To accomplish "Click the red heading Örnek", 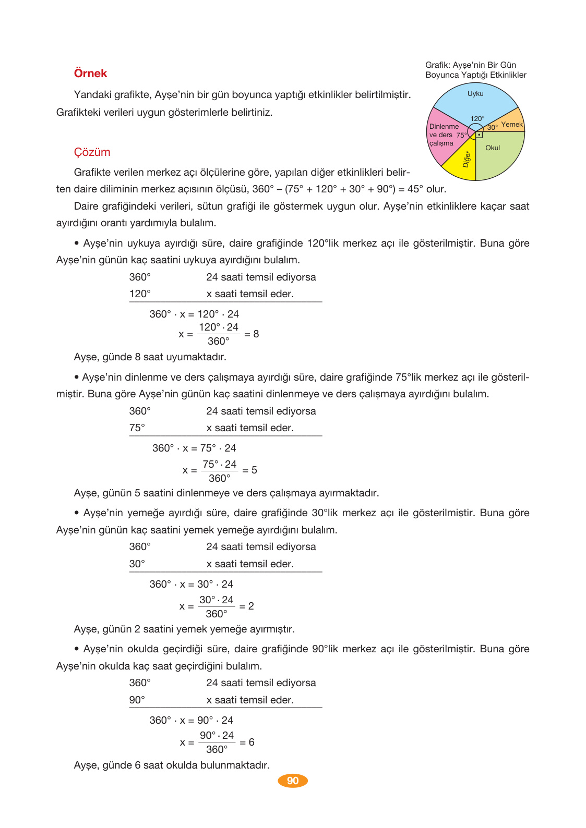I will point(90,74).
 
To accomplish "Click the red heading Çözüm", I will point(92,152).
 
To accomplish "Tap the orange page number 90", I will point(293,781).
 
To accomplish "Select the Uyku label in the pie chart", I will point(475,94).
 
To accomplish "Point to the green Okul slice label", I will point(493,148).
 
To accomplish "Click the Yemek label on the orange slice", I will point(511,124).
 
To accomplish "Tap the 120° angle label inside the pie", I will point(477,118).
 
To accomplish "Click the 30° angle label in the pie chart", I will point(492,127).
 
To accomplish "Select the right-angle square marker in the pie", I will point(479,135).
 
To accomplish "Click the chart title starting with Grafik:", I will point(475,70).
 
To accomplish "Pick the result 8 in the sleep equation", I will point(256,334).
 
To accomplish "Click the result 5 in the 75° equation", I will point(254,470).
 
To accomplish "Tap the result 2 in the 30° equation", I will point(251,606).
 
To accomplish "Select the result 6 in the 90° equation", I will point(252,742).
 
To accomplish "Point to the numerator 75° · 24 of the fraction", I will point(219,464).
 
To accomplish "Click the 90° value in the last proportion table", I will point(137,700).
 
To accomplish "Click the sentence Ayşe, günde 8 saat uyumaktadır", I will point(150,357).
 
